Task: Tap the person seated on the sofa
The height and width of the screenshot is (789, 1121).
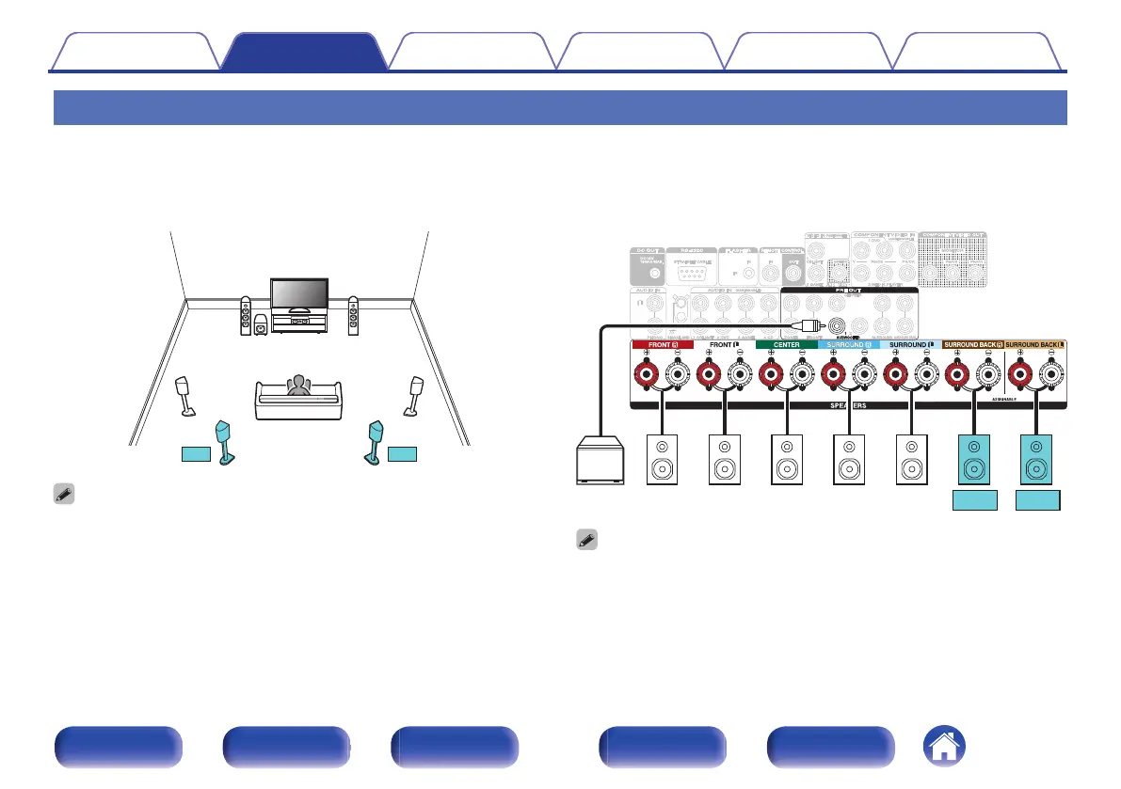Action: coord(298,387)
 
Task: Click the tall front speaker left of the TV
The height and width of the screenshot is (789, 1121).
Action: coord(246,316)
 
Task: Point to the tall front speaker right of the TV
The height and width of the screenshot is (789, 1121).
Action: coord(353,316)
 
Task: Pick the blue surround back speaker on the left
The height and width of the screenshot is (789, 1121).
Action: coord(226,442)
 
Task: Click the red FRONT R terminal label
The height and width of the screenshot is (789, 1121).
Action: coord(663,344)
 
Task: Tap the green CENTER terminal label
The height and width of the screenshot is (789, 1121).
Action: coord(785,344)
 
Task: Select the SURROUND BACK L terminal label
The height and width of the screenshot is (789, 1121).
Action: coord(1034,344)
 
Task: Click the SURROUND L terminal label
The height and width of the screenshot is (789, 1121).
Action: coord(909,344)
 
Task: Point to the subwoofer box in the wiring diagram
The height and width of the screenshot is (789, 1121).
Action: coord(599,462)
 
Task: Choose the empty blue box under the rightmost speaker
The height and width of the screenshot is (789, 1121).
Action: coord(1036,501)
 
